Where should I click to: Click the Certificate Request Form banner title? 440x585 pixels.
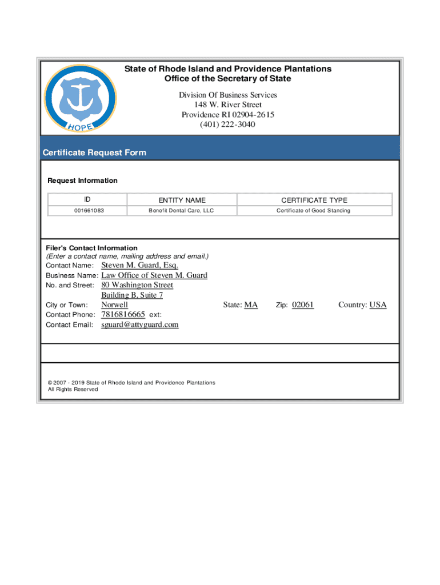pyautogui.click(x=94, y=153)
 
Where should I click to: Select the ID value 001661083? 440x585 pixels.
pyautogui.click(x=89, y=211)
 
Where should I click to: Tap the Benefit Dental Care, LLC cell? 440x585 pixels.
pyautogui.click(x=181, y=211)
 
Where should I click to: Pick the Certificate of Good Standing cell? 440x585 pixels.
pyautogui.click(x=314, y=211)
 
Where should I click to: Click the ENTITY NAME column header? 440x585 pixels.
pyautogui.click(x=182, y=200)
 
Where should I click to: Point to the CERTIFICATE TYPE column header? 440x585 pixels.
pyautogui.click(x=314, y=200)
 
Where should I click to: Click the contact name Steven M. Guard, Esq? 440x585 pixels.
pyautogui.click(x=139, y=265)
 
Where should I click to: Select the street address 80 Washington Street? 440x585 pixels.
pyautogui.click(x=137, y=285)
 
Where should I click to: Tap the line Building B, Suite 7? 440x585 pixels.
pyautogui.click(x=132, y=295)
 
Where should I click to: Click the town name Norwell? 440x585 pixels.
pyautogui.click(x=114, y=305)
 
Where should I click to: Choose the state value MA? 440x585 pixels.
pyautogui.click(x=251, y=305)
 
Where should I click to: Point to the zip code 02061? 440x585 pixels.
pyautogui.click(x=303, y=305)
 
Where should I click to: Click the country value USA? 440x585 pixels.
pyautogui.click(x=378, y=305)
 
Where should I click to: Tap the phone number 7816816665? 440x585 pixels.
pyautogui.click(x=123, y=315)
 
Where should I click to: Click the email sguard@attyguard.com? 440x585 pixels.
pyautogui.click(x=139, y=324)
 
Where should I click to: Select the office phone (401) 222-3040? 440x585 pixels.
pyautogui.click(x=227, y=125)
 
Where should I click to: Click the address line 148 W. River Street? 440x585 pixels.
pyautogui.click(x=227, y=105)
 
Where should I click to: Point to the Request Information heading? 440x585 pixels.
pyautogui.click(x=82, y=181)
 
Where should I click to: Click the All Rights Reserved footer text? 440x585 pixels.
pyautogui.click(x=73, y=389)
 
